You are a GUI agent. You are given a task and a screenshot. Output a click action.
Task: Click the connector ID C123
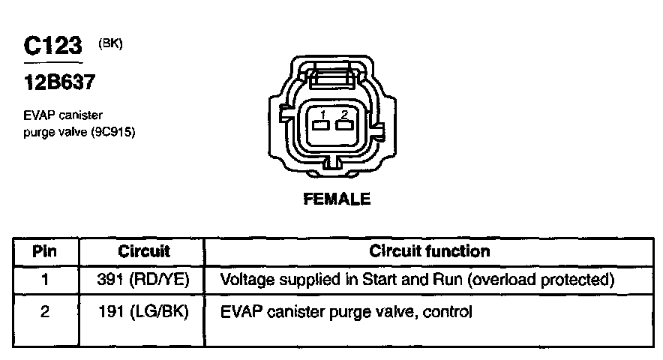[52, 46]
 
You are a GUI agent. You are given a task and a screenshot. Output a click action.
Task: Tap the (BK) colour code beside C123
[110, 43]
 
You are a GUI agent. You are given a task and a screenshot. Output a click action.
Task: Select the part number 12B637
[59, 82]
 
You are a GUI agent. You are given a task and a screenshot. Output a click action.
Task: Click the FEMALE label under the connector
[337, 199]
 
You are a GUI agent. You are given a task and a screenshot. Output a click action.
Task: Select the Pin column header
[45, 251]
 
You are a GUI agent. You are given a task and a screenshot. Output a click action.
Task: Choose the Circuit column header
[144, 251]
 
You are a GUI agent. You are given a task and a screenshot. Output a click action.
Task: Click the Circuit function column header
[430, 251]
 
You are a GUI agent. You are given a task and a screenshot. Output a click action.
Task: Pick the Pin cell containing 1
[45, 280]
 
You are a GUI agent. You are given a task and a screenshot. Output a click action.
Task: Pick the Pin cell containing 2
[45, 311]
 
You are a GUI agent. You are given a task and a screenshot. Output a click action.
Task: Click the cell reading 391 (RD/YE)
[144, 280]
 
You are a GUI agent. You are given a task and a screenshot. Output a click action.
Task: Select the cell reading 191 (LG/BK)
[144, 311]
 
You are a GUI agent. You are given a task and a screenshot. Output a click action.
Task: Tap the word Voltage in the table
[246, 280]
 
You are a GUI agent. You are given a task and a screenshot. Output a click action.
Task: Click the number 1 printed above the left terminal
[321, 114]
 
